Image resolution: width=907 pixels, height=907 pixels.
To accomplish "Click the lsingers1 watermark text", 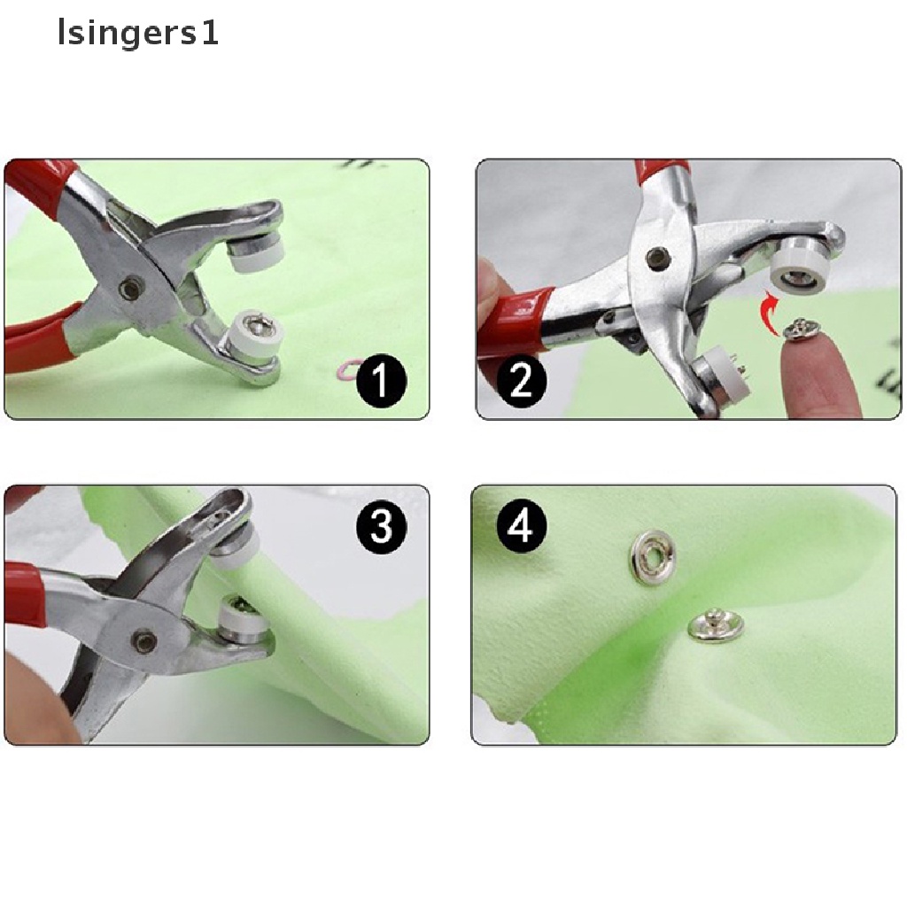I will click(137, 34).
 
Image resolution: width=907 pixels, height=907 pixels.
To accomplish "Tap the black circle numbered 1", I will click(380, 383).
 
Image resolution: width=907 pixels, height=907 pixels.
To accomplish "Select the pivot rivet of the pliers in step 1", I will click(134, 286).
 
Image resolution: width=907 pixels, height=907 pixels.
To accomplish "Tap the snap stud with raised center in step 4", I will click(716, 624).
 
